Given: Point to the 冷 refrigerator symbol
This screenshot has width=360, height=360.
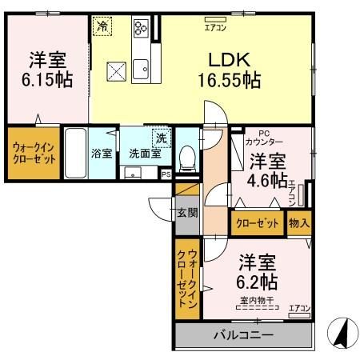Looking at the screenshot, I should coord(102,26).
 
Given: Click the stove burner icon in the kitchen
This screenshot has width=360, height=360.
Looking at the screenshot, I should coord(141,29).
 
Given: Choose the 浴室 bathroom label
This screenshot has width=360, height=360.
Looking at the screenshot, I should coord(100,152).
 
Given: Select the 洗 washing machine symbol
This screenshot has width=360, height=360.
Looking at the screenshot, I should coord(160,138).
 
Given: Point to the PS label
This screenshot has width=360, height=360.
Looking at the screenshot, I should coord(166,173).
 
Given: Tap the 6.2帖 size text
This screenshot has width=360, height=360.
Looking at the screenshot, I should coord(258,282).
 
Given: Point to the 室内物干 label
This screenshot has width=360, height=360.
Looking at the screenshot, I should coord(255,300).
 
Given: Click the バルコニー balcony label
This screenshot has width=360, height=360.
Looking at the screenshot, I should coord(243,334).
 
